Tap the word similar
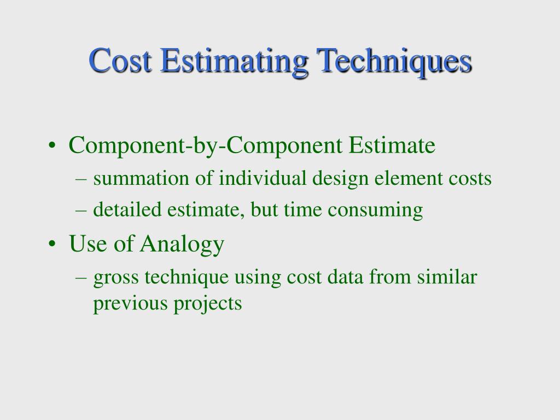[447, 277]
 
